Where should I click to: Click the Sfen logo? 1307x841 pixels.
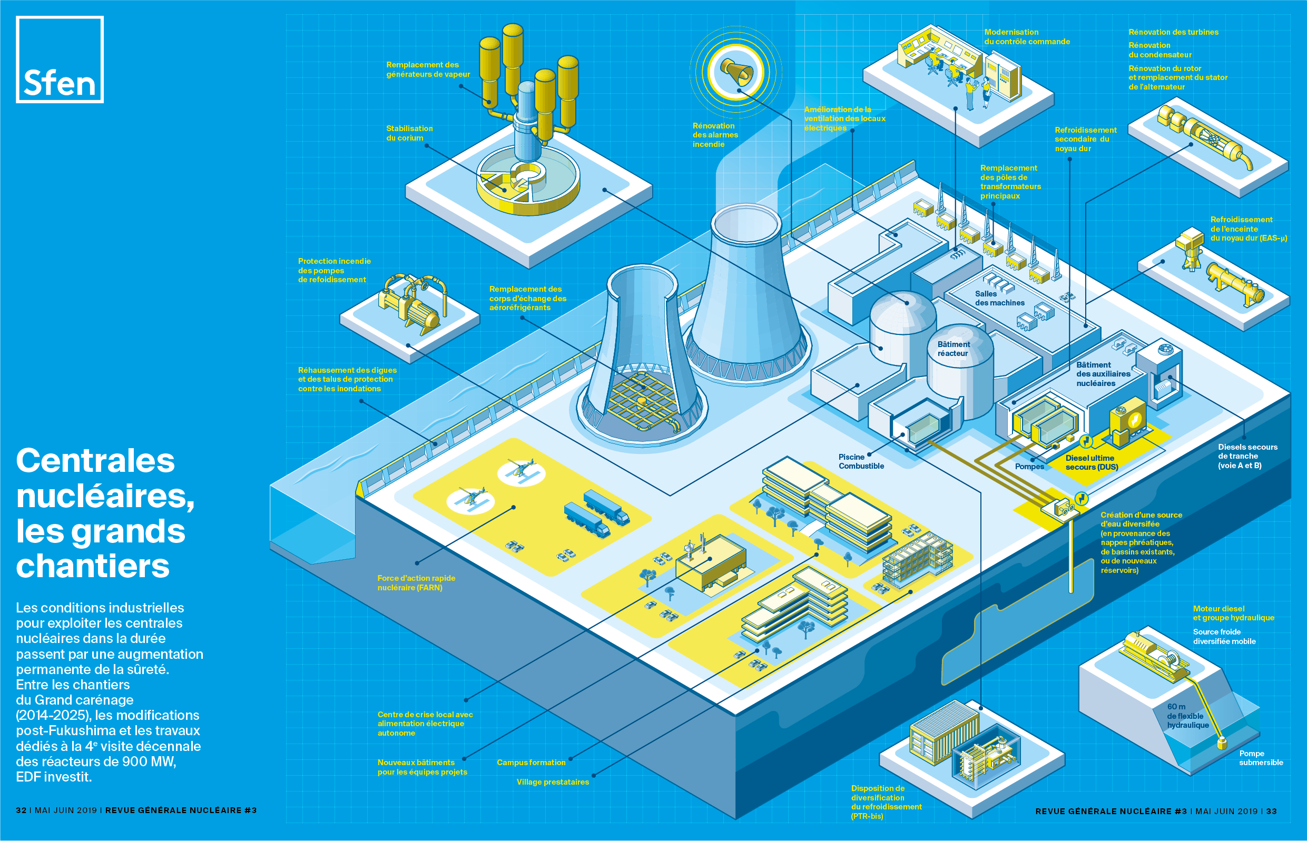(x=60, y=60)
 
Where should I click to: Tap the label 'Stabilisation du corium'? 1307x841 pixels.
(x=409, y=133)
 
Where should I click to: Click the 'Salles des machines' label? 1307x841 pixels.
(x=999, y=298)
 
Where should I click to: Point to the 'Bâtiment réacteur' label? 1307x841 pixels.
(x=953, y=349)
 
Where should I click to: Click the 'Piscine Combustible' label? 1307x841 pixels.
(x=861, y=461)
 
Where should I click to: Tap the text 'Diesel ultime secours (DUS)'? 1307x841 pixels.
(x=1091, y=462)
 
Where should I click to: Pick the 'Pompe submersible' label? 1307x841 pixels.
(x=1261, y=758)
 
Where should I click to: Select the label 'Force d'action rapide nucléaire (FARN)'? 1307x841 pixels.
(x=416, y=582)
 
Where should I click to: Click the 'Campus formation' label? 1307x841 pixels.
(x=531, y=763)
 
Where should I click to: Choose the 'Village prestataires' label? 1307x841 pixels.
(x=553, y=782)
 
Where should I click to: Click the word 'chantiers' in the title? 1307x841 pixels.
(x=93, y=566)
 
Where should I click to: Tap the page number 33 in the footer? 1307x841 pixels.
(x=1272, y=812)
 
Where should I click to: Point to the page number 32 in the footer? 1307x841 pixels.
(x=21, y=810)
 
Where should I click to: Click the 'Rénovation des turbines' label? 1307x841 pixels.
(x=1173, y=32)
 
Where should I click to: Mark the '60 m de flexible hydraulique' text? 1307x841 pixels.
(x=1187, y=716)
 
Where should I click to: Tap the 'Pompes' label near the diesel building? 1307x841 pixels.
(x=1029, y=467)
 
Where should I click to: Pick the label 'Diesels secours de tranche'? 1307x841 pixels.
(x=1247, y=456)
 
